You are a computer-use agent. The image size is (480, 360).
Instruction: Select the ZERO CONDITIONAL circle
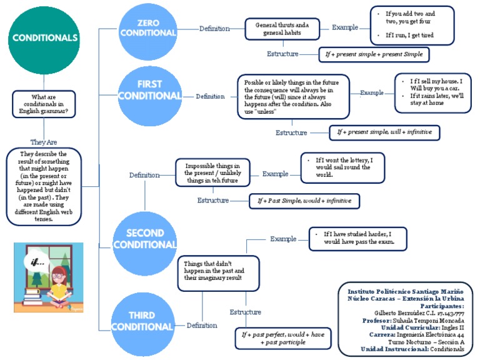click(148, 28)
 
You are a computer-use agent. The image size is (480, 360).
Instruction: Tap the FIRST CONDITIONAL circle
click(149, 91)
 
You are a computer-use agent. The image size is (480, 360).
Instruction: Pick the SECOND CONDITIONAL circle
click(146, 238)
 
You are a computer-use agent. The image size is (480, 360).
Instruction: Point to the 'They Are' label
click(44, 142)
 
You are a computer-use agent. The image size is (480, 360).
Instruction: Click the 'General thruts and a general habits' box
click(282, 28)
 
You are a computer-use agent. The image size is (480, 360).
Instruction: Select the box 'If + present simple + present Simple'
click(374, 54)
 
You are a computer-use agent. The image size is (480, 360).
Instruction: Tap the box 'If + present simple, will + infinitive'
click(384, 132)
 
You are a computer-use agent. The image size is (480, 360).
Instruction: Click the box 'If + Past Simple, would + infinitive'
click(304, 201)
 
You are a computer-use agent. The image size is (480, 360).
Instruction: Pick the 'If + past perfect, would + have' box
click(281, 338)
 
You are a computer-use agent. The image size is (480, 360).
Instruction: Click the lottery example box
click(342, 167)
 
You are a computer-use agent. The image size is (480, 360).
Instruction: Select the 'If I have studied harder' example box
click(358, 238)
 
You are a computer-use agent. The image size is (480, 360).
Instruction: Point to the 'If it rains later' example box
click(432, 94)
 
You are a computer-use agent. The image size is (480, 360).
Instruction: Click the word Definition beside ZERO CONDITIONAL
click(214, 28)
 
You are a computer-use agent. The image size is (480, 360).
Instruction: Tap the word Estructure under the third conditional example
click(246, 311)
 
